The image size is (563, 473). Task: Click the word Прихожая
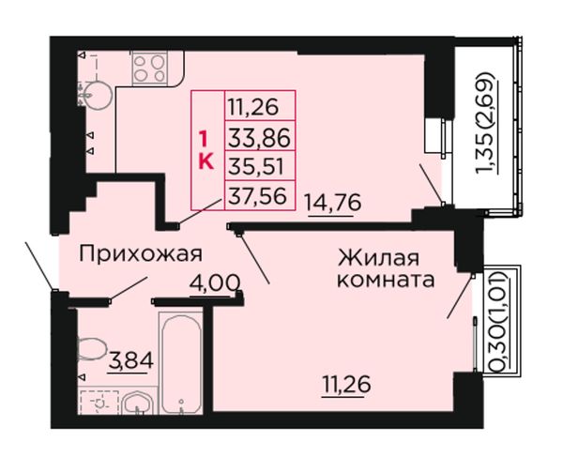click(x=141, y=254)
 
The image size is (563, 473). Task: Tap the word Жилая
click(x=378, y=257)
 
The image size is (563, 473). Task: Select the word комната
click(x=386, y=280)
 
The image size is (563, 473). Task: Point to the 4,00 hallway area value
click(x=215, y=283)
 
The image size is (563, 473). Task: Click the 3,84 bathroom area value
click(x=131, y=360)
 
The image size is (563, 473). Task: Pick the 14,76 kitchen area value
click(x=332, y=203)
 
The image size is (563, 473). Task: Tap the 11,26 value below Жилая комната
click(x=346, y=385)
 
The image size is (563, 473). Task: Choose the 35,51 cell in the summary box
click(x=256, y=167)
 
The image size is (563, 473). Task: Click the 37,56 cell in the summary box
click(x=257, y=196)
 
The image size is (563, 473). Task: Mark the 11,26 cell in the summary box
click(x=253, y=107)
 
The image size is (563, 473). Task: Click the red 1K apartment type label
click(x=206, y=150)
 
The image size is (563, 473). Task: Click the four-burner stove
click(x=150, y=69)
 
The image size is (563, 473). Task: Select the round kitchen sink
click(x=96, y=95)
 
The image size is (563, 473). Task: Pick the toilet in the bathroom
click(x=92, y=349)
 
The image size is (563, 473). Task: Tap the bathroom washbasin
click(x=138, y=404)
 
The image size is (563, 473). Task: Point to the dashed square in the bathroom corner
click(x=99, y=403)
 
